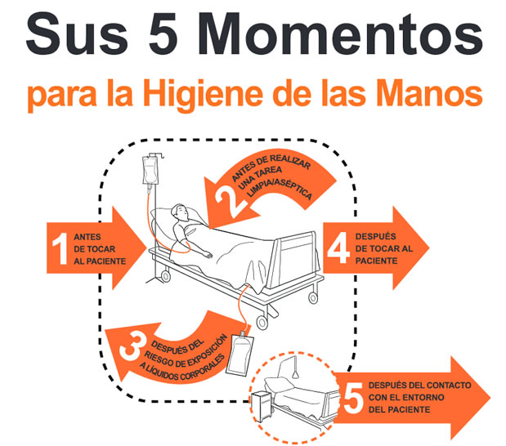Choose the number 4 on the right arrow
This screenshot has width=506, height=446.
pos(339,248)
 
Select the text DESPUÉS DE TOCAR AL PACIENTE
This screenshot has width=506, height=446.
pos(385,248)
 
